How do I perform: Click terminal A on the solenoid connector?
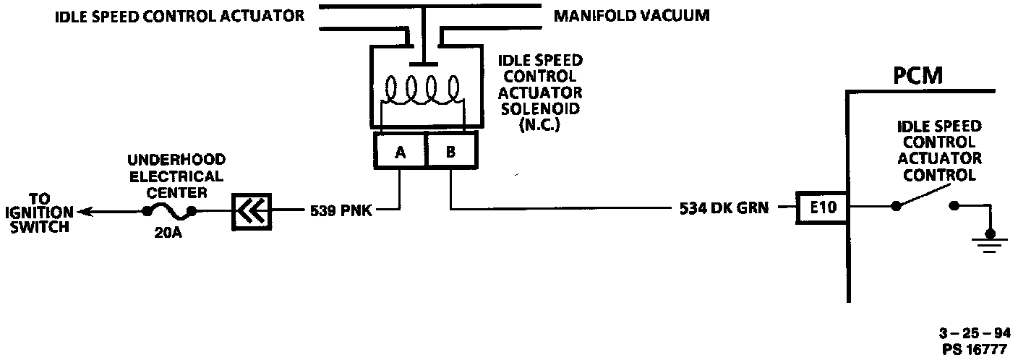pyautogui.click(x=400, y=151)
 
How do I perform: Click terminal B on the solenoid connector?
pyautogui.click(x=450, y=151)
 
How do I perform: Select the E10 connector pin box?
pyautogui.click(x=822, y=208)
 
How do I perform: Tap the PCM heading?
pyautogui.click(x=918, y=75)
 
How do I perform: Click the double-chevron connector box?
pyautogui.click(x=250, y=211)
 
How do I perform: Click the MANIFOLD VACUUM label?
pyautogui.click(x=631, y=15)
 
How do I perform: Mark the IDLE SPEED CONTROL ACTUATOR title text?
pyautogui.click(x=180, y=15)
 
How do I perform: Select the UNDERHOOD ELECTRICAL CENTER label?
pyautogui.click(x=176, y=176)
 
